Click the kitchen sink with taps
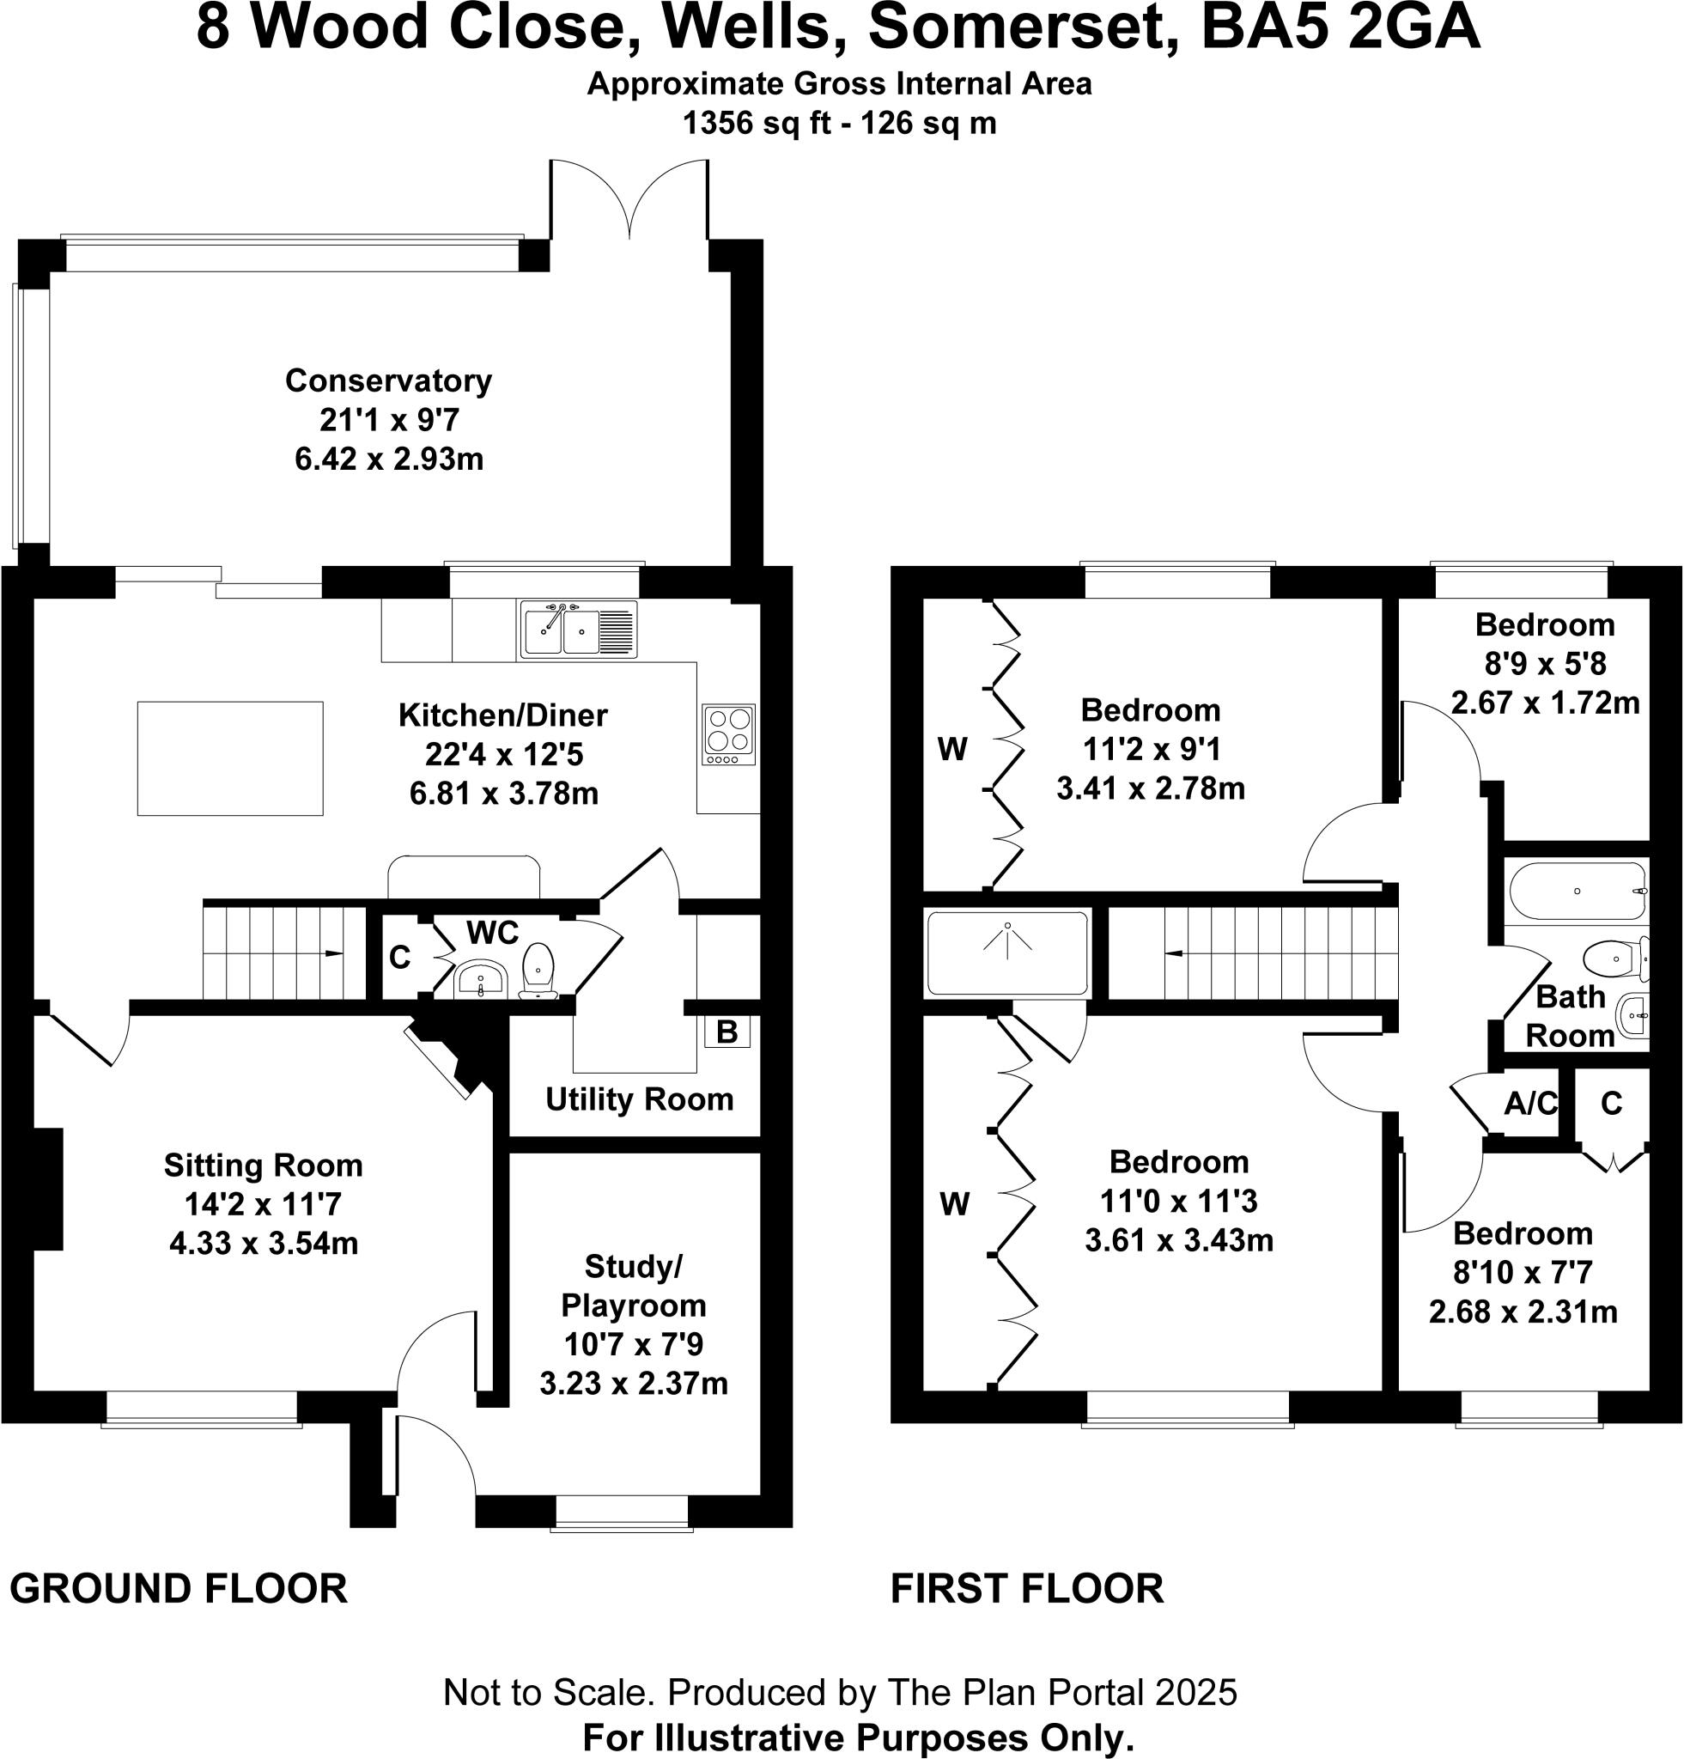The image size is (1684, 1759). click(578, 629)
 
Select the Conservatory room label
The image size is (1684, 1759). click(388, 380)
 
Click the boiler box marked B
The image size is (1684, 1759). click(726, 1032)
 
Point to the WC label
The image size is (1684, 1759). click(493, 933)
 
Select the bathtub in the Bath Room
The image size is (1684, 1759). click(1578, 892)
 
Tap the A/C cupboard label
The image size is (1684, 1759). click(1530, 1103)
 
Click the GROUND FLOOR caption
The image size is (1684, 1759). click(179, 1588)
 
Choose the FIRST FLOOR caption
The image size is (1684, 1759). click(1026, 1588)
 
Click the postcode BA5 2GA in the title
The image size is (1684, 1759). click(1340, 28)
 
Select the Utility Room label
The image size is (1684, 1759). click(639, 1099)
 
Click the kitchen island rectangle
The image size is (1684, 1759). click(229, 758)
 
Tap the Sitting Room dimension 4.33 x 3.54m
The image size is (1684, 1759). click(264, 1243)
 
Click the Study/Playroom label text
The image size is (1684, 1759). click(634, 1285)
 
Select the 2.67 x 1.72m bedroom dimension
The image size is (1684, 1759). click(1545, 703)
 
